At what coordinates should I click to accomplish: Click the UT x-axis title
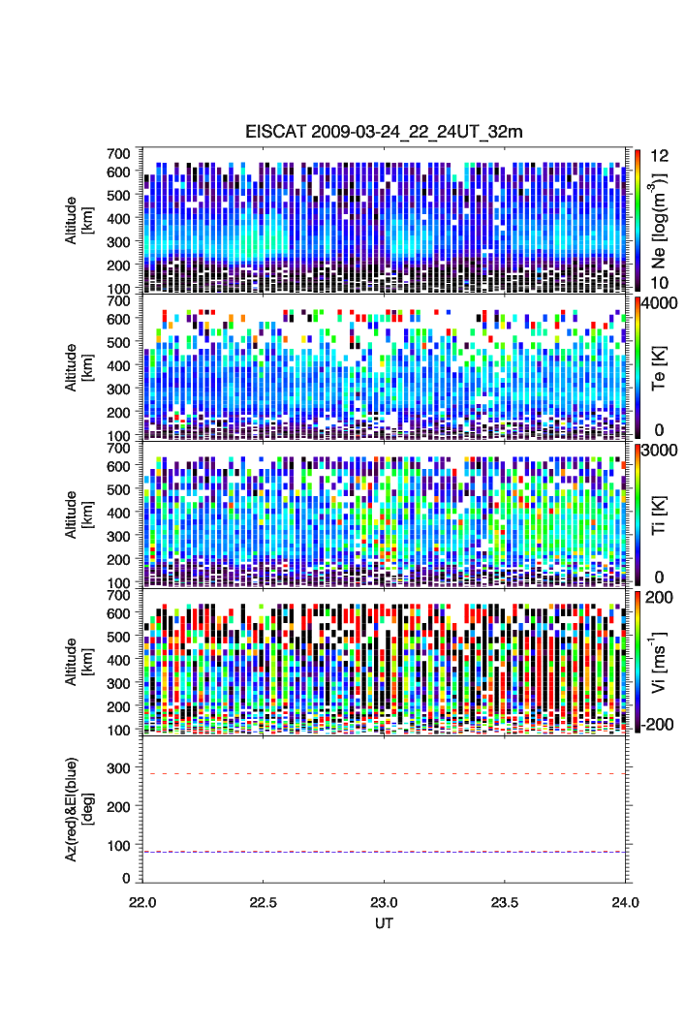[x=385, y=922]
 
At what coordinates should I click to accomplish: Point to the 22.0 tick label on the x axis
[x=143, y=901]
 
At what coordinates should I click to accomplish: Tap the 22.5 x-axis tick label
[x=264, y=901]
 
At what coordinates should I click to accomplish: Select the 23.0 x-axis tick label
[x=385, y=901]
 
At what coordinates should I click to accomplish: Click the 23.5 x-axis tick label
[x=505, y=901]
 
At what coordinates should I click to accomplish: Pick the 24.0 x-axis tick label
[x=625, y=901]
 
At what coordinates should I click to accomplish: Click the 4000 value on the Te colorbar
[x=658, y=302]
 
